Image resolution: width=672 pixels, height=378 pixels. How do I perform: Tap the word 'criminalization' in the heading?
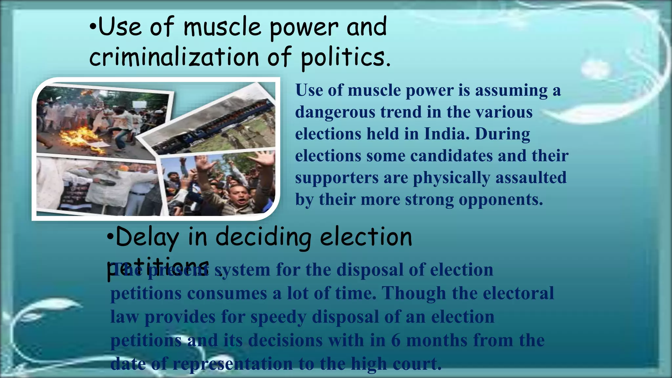[x=174, y=57]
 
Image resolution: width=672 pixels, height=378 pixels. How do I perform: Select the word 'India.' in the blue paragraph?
[x=447, y=134]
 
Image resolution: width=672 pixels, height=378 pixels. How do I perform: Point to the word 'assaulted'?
[x=531, y=178]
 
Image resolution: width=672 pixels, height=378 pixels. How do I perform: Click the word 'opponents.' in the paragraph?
[x=501, y=199]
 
